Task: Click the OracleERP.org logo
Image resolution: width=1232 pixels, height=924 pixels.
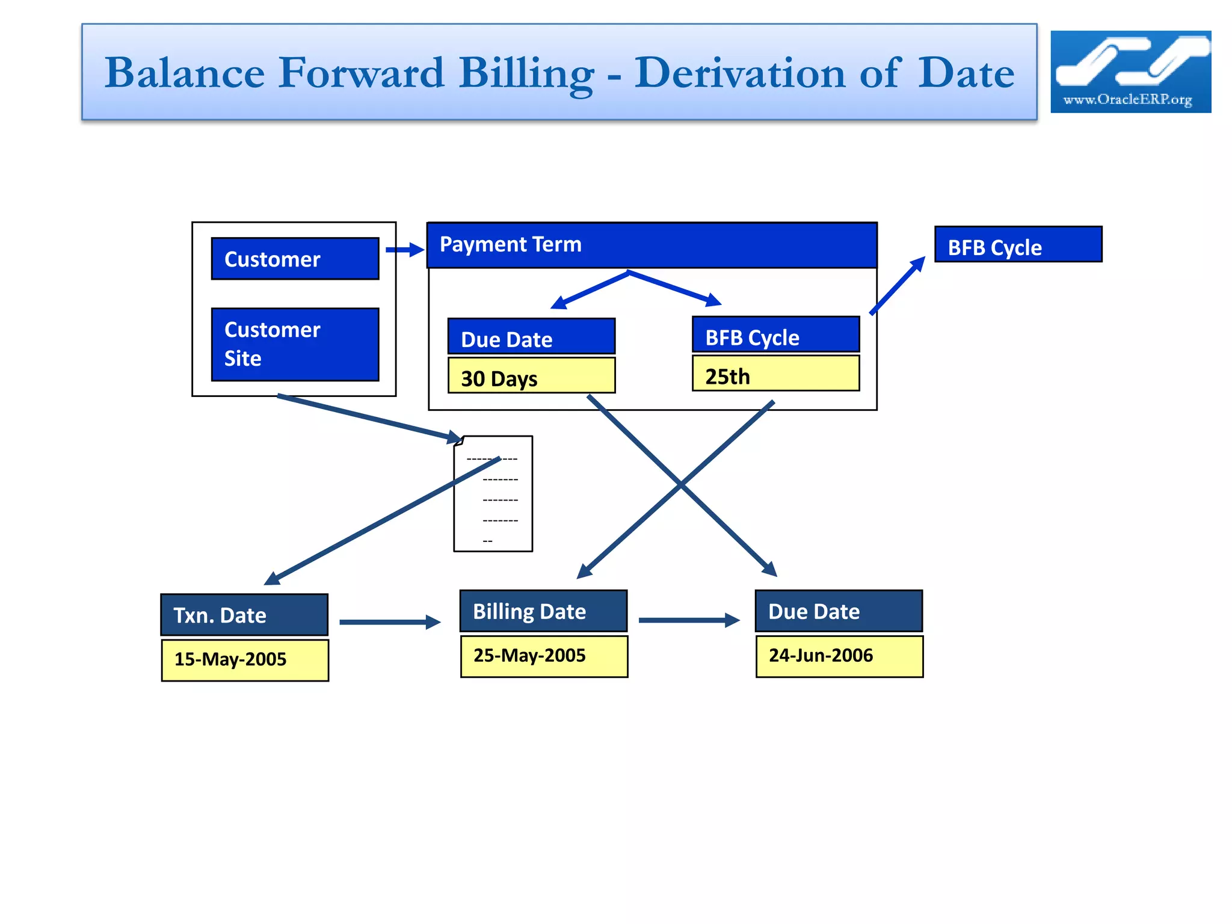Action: pyautogui.click(x=1130, y=72)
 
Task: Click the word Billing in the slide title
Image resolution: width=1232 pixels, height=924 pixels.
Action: pyautogui.click(x=526, y=73)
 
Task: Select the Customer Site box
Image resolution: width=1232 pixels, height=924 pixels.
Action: pyautogui.click(x=295, y=344)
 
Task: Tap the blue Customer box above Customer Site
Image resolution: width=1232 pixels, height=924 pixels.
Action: pyautogui.click(x=295, y=259)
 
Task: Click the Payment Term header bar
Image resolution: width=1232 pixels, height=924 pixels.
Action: pyautogui.click(x=651, y=245)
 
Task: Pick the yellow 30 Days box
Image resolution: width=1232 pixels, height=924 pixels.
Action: pyautogui.click(x=531, y=376)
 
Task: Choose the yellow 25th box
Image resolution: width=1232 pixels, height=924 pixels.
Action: pyautogui.click(x=775, y=374)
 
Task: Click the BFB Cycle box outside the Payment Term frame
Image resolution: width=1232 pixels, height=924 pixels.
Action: pyautogui.click(x=1018, y=244)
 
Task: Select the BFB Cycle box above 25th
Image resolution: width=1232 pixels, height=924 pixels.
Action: pyautogui.click(x=775, y=334)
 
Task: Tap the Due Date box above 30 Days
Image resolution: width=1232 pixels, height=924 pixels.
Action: pyautogui.click(x=531, y=336)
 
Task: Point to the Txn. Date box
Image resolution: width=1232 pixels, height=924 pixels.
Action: pyautogui.click(x=244, y=615)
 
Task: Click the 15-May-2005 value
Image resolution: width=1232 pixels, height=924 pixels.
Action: pyautogui.click(x=245, y=660)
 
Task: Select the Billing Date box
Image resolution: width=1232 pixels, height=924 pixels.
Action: pyautogui.click(x=543, y=611)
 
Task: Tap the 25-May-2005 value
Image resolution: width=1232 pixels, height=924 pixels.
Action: pyautogui.click(x=544, y=656)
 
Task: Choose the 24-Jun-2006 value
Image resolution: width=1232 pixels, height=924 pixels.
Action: pyautogui.click(x=839, y=656)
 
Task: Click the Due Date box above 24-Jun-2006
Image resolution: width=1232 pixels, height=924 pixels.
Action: pyautogui.click(x=839, y=611)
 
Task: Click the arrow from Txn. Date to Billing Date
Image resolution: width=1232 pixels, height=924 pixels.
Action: pyautogui.click(x=390, y=622)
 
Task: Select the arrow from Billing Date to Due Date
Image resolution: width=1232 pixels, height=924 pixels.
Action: pyautogui.click(x=689, y=620)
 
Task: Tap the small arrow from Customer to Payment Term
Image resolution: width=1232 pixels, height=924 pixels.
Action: pyautogui.click(x=405, y=250)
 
